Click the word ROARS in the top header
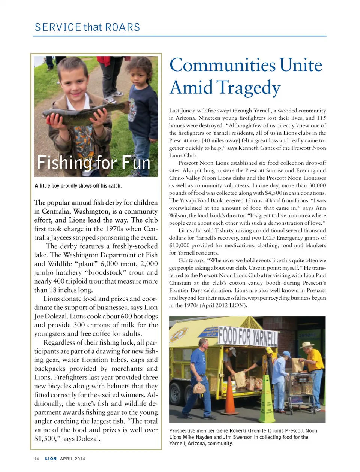122,27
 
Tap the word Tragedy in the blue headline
248,88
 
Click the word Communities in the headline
222,65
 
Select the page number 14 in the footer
36,459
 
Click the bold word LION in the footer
51,459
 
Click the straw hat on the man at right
307,344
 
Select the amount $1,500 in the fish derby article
44,439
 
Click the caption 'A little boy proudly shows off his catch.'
78,186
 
